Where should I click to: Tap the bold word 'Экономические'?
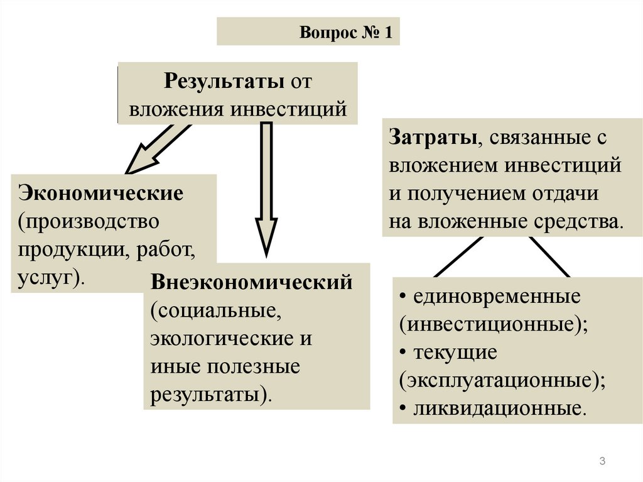101,192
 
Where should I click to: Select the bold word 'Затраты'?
433,138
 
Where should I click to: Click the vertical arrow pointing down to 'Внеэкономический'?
266,189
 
